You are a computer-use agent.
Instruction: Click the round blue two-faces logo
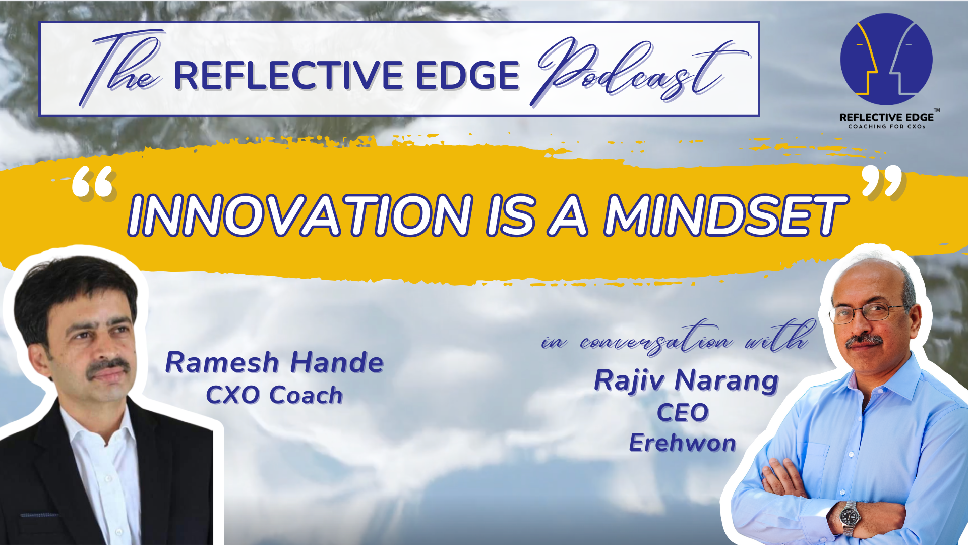[x=886, y=59]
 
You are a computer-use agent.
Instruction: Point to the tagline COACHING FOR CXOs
[x=887, y=126]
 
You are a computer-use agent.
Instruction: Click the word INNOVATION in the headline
[x=300, y=215]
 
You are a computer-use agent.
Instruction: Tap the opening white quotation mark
[x=94, y=182]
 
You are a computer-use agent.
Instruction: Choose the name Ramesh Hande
[x=275, y=362]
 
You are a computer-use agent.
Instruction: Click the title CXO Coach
[x=275, y=395]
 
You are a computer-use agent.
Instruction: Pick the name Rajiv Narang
[x=687, y=381]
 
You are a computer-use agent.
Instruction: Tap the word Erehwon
[x=683, y=443]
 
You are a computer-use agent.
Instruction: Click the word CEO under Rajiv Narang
[x=683, y=413]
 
